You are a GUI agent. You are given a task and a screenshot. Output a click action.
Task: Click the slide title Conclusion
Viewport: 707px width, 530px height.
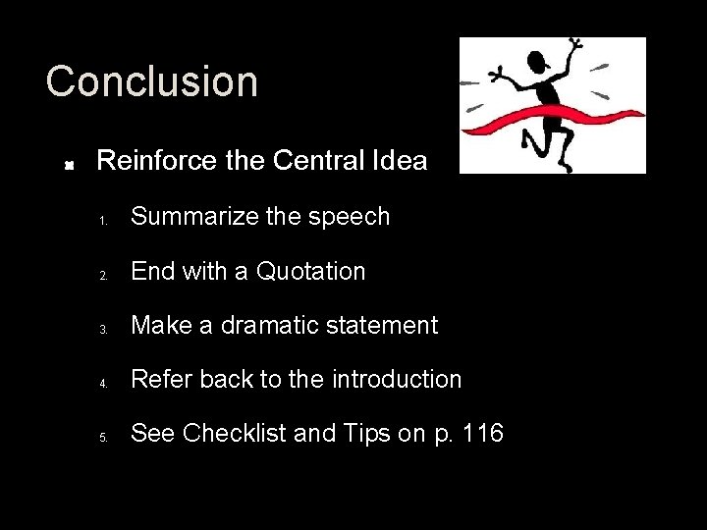[152, 81]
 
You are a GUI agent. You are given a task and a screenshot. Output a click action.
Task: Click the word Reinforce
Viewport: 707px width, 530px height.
[157, 160]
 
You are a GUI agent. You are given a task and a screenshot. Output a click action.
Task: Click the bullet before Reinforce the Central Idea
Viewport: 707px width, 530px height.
[70, 163]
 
